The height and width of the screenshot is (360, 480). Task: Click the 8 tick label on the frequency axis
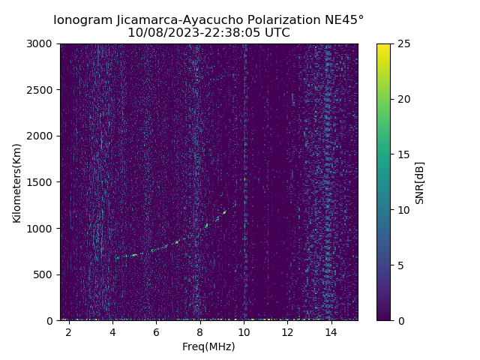(x=200, y=332)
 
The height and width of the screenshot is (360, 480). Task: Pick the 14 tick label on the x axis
(x=329, y=332)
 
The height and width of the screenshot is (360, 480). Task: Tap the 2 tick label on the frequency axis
(x=69, y=332)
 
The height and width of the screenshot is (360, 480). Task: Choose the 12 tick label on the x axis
(x=287, y=332)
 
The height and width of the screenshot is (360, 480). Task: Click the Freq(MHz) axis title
(x=208, y=346)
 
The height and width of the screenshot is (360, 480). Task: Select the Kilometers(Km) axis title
(x=17, y=182)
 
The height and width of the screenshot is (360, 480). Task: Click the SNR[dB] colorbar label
(x=420, y=182)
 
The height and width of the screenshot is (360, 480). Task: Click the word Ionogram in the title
(x=83, y=19)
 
